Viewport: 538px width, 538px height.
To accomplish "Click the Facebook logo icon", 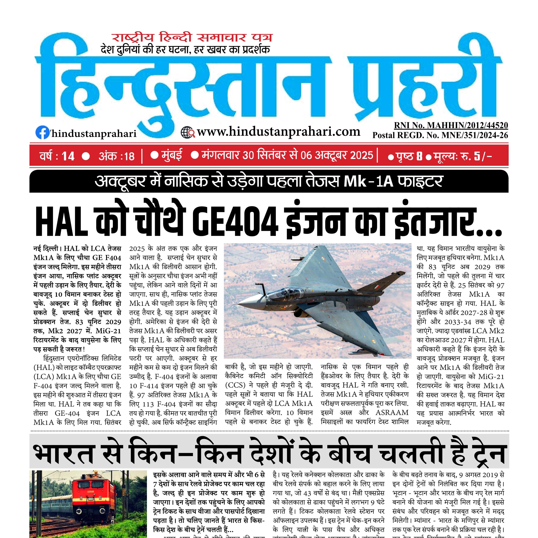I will click(x=42, y=133).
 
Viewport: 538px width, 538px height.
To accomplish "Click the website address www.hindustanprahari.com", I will click(x=279, y=131).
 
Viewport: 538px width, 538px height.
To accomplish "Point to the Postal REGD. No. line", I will click(x=440, y=135).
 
